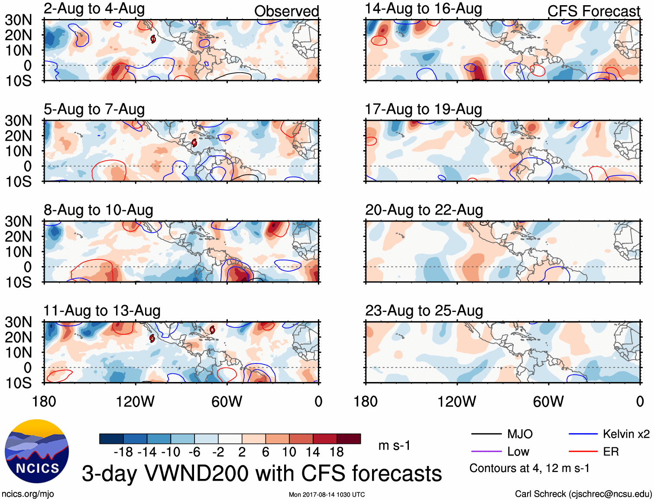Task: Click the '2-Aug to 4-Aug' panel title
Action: point(94,9)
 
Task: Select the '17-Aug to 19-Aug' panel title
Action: point(423,109)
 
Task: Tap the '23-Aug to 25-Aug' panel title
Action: point(424,311)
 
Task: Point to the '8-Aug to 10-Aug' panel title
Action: point(98,210)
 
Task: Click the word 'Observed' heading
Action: point(286,11)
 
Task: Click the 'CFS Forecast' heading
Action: point(593,11)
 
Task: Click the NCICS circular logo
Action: point(37,451)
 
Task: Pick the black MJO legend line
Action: point(486,434)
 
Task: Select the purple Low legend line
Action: point(486,452)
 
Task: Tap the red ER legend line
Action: point(583,452)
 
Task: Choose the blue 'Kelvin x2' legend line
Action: point(583,434)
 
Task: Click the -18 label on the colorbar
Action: point(123,452)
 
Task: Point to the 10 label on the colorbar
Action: point(289,452)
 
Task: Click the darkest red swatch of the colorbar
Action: point(349,439)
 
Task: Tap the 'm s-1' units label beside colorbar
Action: point(394,446)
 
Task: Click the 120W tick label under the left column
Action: point(135,401)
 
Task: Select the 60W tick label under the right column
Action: point(548,401)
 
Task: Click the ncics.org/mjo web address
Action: point(28,494)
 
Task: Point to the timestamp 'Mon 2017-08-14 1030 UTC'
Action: point(327,495)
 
